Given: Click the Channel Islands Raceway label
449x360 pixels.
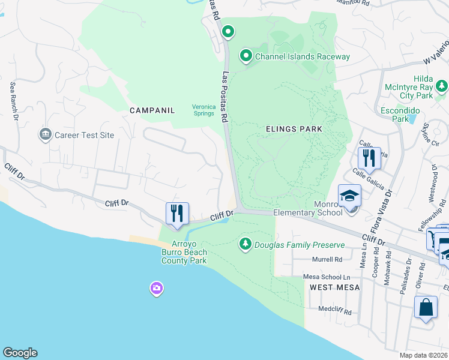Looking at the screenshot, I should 302,57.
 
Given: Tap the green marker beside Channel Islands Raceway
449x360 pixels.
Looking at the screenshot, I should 246,56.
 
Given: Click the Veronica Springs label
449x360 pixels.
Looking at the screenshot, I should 203,110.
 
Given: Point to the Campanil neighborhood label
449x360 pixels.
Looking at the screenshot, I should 152,110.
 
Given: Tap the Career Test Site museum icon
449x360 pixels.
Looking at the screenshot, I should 45,135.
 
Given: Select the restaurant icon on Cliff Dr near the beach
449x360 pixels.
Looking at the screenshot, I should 177,213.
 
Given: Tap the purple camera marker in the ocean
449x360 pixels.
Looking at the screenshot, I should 157,289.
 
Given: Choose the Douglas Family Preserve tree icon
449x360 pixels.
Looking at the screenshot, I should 245,244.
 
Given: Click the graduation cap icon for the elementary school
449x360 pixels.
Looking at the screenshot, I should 349,196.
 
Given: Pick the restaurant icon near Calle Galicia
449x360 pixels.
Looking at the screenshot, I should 369,158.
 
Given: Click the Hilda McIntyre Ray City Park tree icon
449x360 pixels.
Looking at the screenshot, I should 442,87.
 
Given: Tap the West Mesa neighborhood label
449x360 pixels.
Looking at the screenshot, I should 335,287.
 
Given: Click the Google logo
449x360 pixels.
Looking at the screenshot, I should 20,353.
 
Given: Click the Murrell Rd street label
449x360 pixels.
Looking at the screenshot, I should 327,260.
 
